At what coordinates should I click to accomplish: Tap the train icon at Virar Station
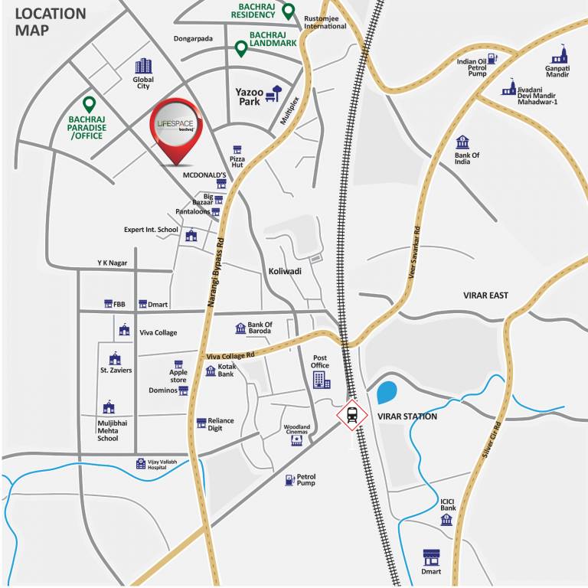[351, 415]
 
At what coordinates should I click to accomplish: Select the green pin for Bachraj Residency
[287, 11]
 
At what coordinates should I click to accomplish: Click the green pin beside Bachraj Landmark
[240, 49]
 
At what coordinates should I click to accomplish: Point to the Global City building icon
[143, 67]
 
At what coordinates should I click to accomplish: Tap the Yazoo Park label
[249, 96]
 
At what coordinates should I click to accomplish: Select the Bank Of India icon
[462, 142]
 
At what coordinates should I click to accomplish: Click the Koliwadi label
[285, 271]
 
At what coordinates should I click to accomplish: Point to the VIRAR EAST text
[485, 295]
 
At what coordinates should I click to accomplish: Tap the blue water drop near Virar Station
[387, 393]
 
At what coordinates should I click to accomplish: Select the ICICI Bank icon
[446, 520]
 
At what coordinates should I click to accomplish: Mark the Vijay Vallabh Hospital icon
[141, 463]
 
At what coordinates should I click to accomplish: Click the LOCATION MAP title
[51, 21]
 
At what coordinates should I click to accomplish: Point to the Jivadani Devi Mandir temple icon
[508, 89]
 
